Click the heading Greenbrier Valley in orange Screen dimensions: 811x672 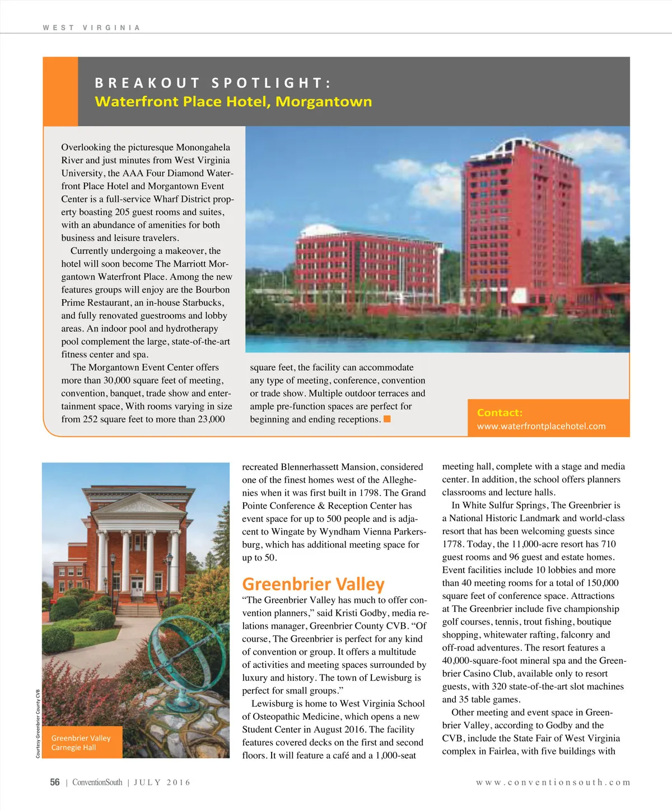coord(313,584)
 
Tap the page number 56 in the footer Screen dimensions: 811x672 coord(55,782)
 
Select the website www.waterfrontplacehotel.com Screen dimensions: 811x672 coord(541,426)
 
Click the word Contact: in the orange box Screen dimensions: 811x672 coord(500,413)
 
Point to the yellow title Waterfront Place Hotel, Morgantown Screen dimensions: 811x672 coord(233,102)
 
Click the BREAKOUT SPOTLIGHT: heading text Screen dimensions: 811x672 coord(213,83)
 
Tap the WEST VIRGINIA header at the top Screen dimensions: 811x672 coord(91,27)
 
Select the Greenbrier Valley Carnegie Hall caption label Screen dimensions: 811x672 coord(81,743)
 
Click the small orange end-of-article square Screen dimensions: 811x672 coord(387,419)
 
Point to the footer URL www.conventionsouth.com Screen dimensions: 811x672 coord(553,782)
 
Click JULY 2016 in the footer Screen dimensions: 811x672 coord(162,782)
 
